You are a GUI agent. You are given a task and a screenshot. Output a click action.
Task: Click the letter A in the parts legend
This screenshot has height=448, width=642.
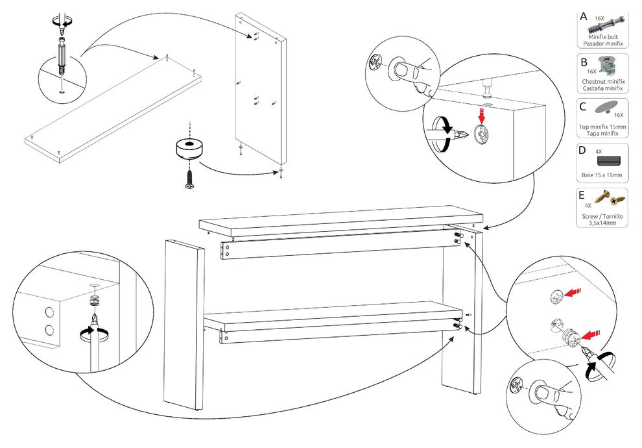(x=584, y=17)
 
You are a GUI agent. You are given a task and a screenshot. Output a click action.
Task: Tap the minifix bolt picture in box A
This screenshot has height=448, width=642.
(x=607, y=25)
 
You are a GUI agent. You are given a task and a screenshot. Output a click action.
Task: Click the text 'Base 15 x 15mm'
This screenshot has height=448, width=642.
(x=601, y=175)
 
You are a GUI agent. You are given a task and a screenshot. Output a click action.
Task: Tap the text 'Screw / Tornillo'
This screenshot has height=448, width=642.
(x=602, y=216)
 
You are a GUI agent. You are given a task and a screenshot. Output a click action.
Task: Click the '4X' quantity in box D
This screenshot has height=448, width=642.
(x=599, y=152)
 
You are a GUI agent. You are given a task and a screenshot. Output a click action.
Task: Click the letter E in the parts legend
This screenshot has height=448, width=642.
(x=582, y=195)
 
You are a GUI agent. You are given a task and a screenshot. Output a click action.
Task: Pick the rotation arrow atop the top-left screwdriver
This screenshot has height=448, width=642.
(x=62, y=21)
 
